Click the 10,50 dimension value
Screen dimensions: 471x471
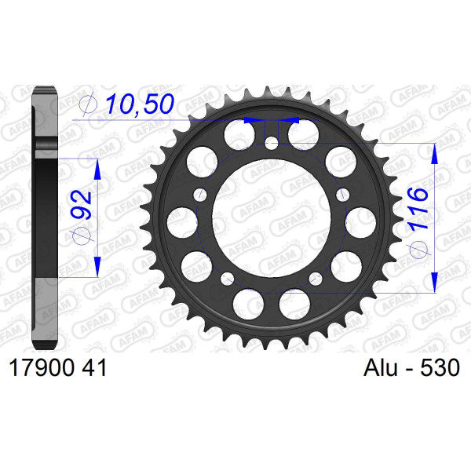[x=140, y=104]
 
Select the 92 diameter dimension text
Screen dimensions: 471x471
[x=81, y=205]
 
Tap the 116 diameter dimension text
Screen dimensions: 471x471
[x=418, y=209]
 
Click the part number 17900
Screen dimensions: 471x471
[x=42, y=368]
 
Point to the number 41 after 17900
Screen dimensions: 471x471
[x=94, y=368]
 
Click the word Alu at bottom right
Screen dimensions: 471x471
[x=380, y=367]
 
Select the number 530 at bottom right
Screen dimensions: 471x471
[x=440, y=367]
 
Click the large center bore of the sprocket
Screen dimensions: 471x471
[x=272, y=218]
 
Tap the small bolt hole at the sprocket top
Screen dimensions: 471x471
[x=272, y=144]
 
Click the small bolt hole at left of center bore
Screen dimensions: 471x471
[x=200, y=195]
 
